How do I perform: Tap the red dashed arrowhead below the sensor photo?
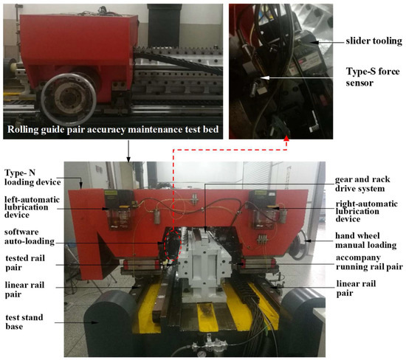286,137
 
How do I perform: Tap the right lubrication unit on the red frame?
261,211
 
